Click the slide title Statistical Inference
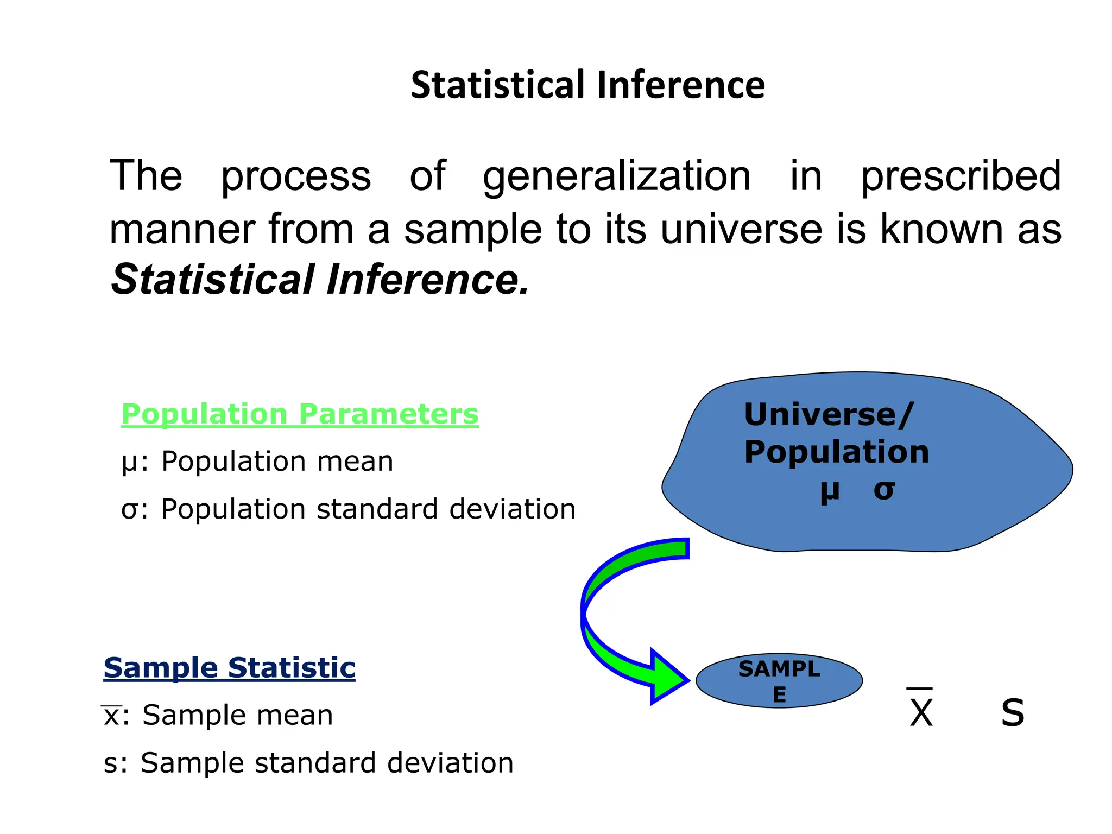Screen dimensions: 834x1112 tap(587, 85)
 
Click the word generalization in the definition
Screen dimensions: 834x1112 tap(617, 176)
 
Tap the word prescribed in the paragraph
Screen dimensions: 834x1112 tap(961, 176)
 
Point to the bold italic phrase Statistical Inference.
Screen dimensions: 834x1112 tap(320, 280)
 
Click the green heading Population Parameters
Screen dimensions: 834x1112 tap(300, 414)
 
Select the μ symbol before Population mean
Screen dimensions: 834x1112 tap(129, 463)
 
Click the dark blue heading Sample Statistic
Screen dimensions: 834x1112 tap(229, 667)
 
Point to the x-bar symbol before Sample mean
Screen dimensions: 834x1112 tap(111, 715)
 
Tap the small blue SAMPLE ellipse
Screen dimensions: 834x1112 tap(779, 681)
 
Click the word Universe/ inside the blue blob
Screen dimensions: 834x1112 tap(829, 415)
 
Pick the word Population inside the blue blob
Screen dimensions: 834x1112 tap(836, 452)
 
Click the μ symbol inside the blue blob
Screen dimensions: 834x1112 tap(829, 490)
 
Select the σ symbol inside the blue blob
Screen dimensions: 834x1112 tap(884, 490)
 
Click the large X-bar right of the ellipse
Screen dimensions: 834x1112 tap(921, 710)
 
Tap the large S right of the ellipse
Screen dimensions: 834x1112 tap(1013, 712)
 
